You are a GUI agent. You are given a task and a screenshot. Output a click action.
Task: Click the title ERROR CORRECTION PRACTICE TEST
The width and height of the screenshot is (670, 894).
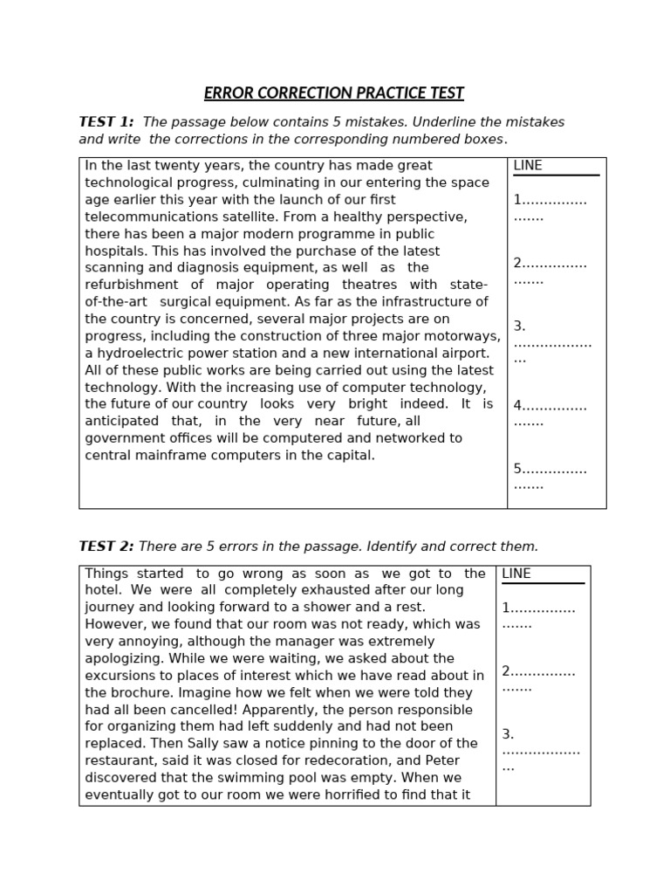pos(334,93)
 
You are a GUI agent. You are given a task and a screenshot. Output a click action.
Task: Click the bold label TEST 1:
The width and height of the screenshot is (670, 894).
pos(106,122)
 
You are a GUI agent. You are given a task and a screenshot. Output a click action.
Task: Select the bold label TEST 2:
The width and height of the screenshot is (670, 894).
pos(106,547)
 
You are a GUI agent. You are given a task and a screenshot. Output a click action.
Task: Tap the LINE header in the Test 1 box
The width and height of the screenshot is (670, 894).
pos(528,166)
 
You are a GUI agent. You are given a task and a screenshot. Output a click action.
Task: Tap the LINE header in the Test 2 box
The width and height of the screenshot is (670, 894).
pos(516,574)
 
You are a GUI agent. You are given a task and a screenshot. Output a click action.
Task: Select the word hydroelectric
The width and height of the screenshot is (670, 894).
pos(140,354)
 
